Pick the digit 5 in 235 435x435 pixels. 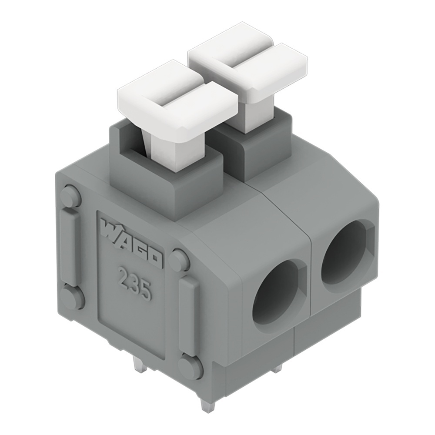pos(145,291)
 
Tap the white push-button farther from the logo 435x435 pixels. pos(248,65)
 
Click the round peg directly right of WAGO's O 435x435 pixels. pos(178,260)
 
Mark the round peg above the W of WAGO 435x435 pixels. pos(70,197)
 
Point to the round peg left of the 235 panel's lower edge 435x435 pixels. pos(72,298)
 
